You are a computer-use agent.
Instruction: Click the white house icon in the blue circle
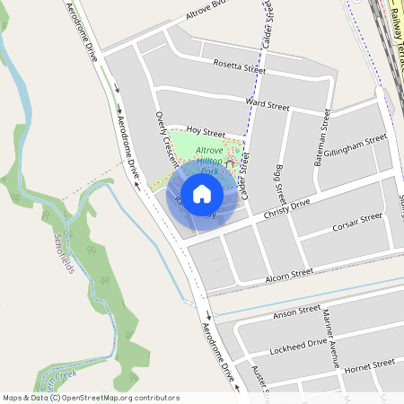point(202,192)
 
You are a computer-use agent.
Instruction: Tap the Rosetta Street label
point(240,67)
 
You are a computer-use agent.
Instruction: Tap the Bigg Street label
point(281,183)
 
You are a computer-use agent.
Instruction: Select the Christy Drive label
point(286,211)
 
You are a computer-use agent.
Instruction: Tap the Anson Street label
point(296,312)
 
